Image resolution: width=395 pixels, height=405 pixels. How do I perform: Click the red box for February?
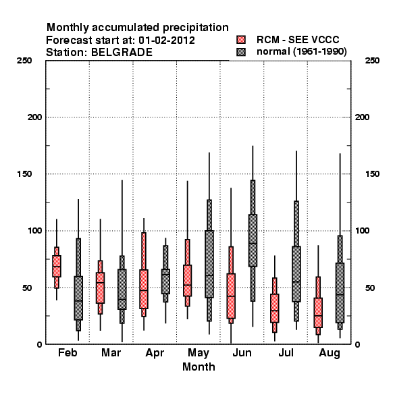coord(57,266)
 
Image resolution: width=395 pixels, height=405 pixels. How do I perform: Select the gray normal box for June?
coord(253,240)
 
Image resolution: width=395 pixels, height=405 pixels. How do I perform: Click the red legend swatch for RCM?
coord(241,40)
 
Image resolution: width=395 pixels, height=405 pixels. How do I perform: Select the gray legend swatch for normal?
coord(241,52)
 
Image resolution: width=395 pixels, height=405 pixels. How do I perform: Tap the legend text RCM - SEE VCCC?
coord(298,40)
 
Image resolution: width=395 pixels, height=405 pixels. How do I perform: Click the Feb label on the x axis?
coord(68,352)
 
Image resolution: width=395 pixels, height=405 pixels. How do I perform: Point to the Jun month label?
coord(242,352)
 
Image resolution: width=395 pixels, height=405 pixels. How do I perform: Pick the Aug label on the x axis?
coord(330,353)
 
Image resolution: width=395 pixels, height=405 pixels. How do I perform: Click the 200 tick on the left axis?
coord(34,117)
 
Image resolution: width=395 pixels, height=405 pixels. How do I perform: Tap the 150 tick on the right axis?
coord(372,174)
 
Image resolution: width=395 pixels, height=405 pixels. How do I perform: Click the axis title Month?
coord(199,367)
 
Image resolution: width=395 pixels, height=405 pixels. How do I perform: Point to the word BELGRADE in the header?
coord(122,53)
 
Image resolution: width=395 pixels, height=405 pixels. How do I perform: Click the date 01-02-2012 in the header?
coord(167,40)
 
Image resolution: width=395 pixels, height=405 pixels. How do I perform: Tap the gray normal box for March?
coord(122,289)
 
